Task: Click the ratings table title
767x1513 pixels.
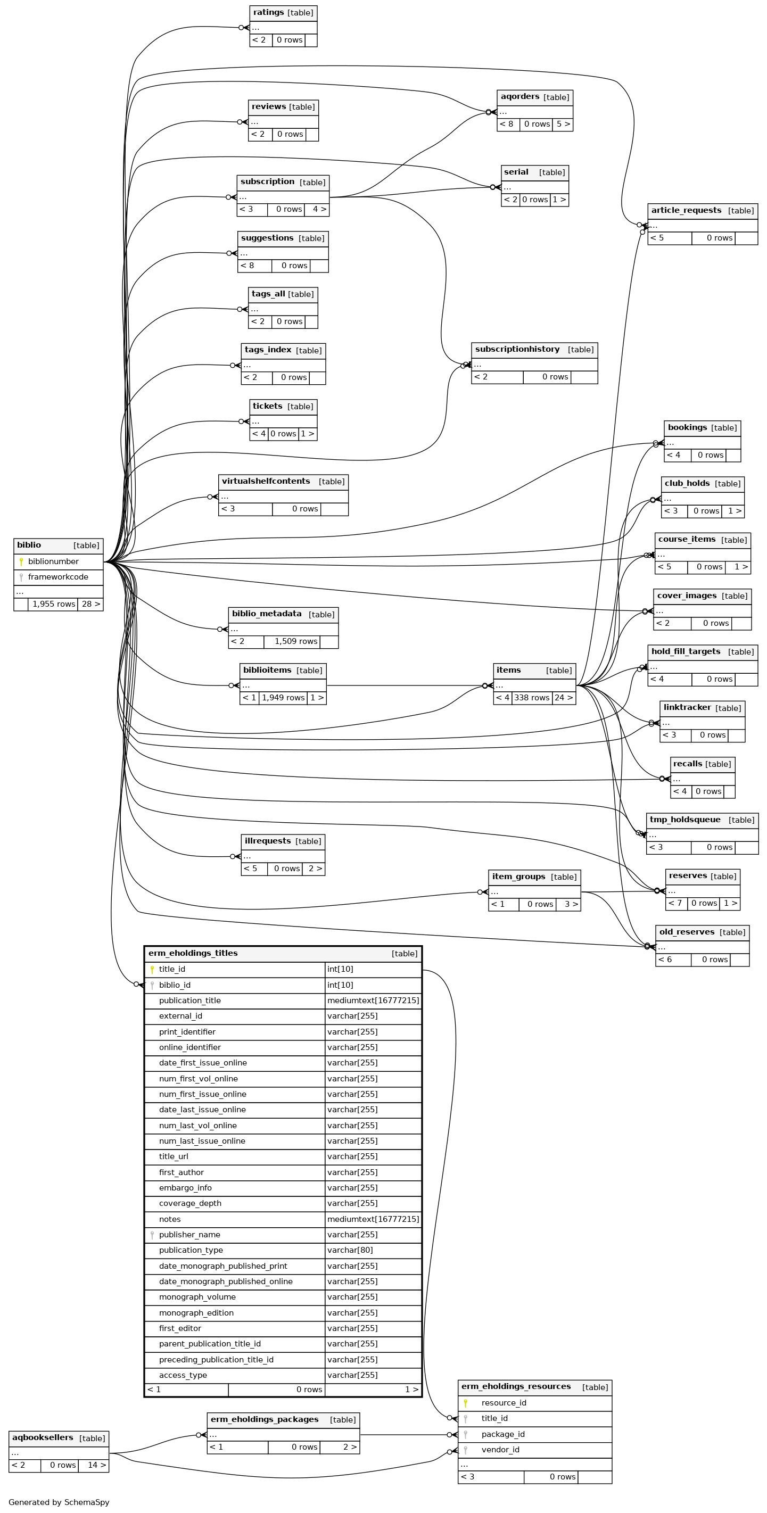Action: (268, 12)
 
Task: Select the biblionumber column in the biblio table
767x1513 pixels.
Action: (53, 561)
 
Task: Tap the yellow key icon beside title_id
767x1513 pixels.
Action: (152, 970)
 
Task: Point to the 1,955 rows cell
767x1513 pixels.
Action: (53, 604)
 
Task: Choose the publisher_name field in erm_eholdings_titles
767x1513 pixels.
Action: (189, 1235)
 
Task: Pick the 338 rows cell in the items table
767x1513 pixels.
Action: (532, 698)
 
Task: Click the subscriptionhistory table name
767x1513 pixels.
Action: (517, 350)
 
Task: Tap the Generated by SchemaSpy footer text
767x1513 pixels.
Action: (59, 1502)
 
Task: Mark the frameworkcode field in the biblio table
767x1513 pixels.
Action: (58, 577)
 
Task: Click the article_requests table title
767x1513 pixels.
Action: (686, 210)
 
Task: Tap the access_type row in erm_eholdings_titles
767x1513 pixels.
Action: (183, 1375)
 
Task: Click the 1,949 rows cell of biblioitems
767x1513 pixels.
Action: (283, 698)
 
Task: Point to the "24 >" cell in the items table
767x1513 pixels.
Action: (564, 698)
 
